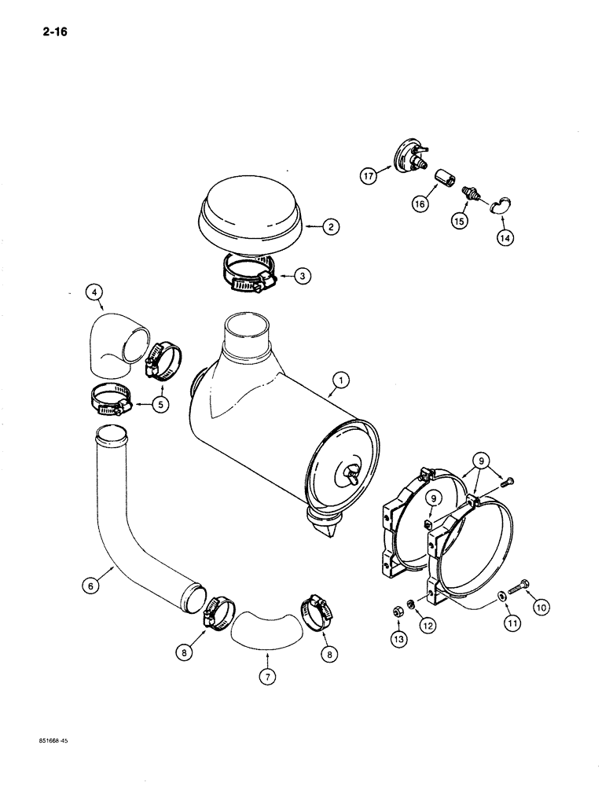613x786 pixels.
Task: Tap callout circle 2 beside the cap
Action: coord(332,227)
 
